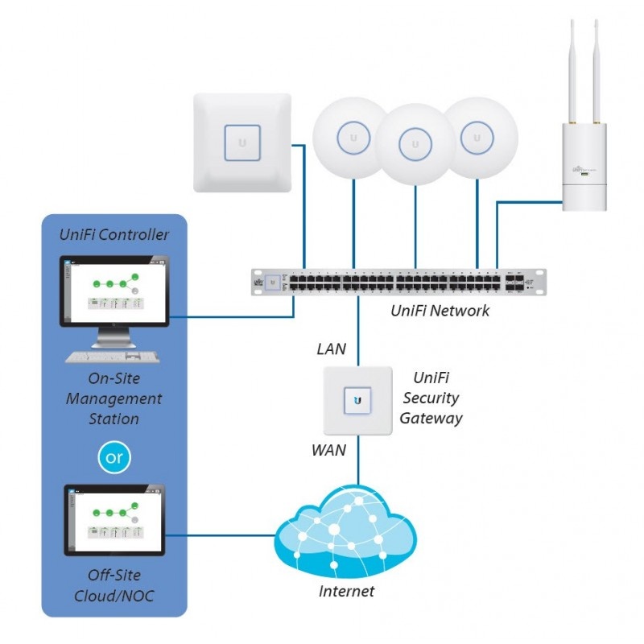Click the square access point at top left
tap(242, 142)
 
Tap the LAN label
tap(331, 349)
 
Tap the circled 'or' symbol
tap(114, 457)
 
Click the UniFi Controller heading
tap(114, 234)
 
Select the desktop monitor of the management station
tap(114, 291)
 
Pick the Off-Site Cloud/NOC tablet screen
tap(114, 520)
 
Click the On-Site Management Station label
tap(114, 398)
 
